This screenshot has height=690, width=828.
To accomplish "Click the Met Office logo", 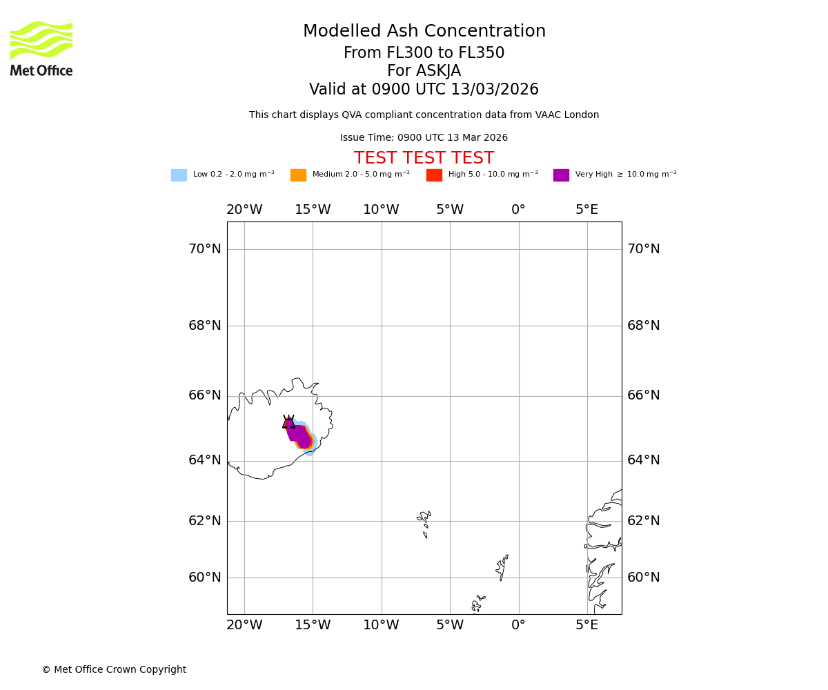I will click(41, 48).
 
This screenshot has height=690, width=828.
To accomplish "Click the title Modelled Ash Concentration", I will click(424, 32).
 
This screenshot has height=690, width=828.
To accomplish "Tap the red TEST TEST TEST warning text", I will click(424, 158).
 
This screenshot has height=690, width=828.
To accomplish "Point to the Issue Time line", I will click(424, 138).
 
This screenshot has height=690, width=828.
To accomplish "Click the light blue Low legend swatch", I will click(179, 175).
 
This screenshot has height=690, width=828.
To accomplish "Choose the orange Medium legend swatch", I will click(298, 175).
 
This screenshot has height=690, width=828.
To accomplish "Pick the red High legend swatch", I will click(434, 175).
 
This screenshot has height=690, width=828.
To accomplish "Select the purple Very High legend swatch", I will click(561, 175).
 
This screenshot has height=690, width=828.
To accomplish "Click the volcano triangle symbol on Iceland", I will click(288, 422).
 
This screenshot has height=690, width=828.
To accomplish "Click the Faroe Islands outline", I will click(424, 522).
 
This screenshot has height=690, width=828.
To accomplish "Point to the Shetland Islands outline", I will click(502, 568).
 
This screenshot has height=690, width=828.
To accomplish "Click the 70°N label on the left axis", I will click(205, 249).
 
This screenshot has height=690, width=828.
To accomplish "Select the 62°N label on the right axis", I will click(643, 521).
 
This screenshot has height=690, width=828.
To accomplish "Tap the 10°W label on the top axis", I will click(381, 210).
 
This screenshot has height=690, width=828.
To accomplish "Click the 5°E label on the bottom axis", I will click(586, 625).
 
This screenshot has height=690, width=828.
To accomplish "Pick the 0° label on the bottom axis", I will click(518, 625).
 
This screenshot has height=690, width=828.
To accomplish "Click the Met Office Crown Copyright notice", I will click(114, 670).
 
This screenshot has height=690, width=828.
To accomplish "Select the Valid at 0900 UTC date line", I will click(424, 90).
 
